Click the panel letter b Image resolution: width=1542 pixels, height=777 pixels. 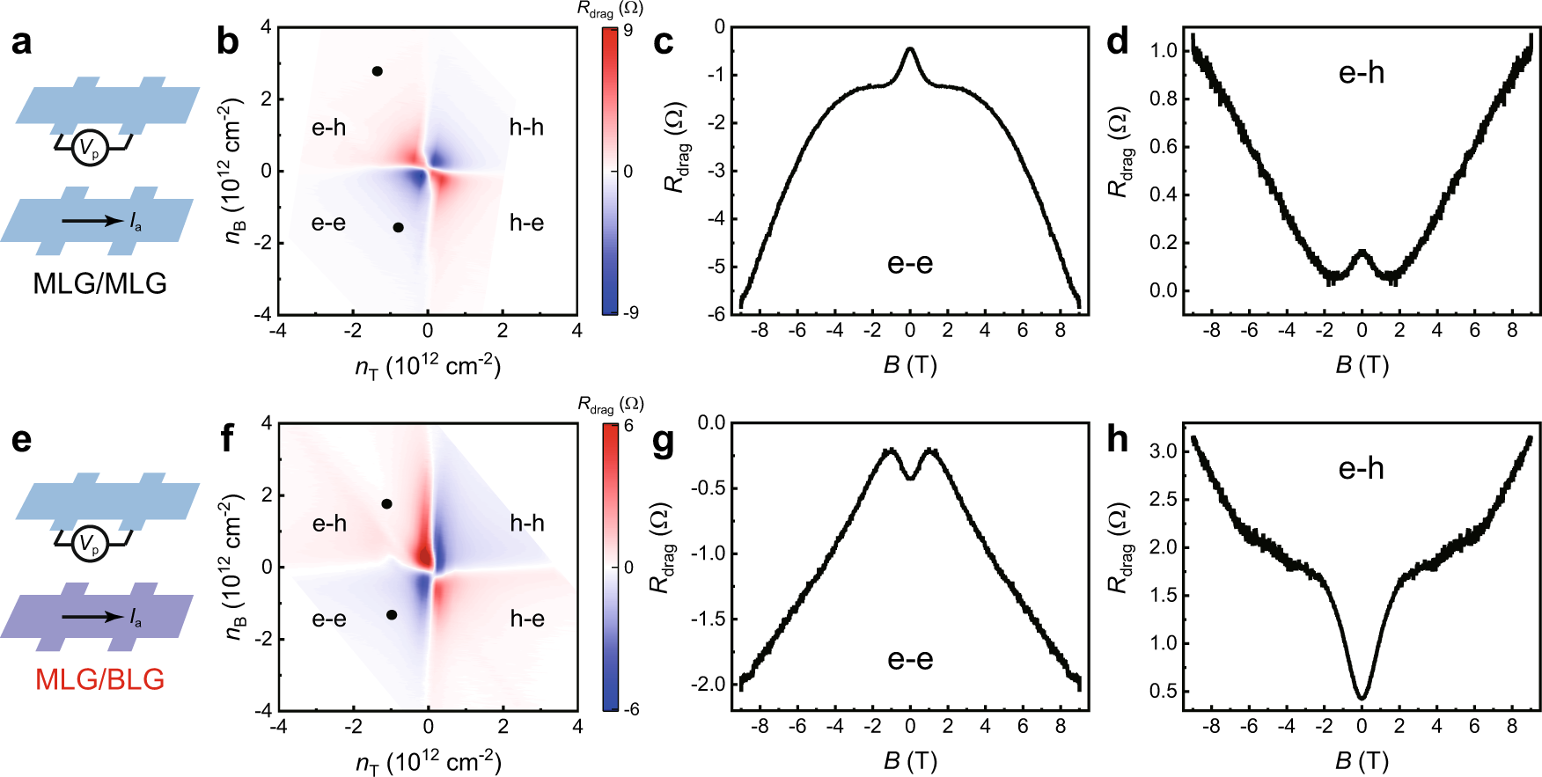click(227, 41)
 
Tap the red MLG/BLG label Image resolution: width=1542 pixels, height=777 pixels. click(99, 679)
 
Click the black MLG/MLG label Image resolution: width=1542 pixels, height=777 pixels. click(99, 283)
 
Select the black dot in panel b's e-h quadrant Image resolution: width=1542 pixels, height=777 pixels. click(377, 71)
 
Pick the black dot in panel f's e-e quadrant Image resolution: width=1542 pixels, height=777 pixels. click(391, 615)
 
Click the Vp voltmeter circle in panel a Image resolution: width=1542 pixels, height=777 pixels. click(90, 149)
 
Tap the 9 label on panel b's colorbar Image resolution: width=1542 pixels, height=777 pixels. click(628, 31)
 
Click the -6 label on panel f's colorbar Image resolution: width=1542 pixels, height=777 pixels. click(629, 709)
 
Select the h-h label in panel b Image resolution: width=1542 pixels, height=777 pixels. click(526, 128)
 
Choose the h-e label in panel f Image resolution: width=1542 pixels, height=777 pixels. click(526, 619)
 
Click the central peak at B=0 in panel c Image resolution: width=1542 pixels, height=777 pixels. click(910, 50)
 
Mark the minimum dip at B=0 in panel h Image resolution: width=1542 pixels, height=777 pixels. click(1362, 698)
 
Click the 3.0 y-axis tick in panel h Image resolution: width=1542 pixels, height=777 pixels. click(1164, 451)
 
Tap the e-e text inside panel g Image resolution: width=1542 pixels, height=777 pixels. click(909, 659)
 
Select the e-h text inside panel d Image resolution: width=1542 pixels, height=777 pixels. click(1361, 73)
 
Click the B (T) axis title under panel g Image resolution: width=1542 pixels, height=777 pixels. click(909, 759)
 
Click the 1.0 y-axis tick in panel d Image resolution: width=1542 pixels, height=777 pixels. click(1164, 50)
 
